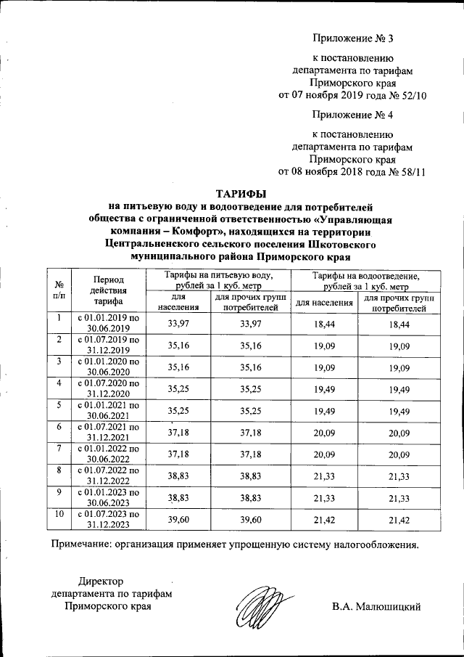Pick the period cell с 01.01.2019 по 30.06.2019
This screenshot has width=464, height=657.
(108, 322)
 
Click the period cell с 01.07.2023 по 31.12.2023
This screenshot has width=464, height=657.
(108, 519)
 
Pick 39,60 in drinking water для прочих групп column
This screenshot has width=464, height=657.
(251, 520)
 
